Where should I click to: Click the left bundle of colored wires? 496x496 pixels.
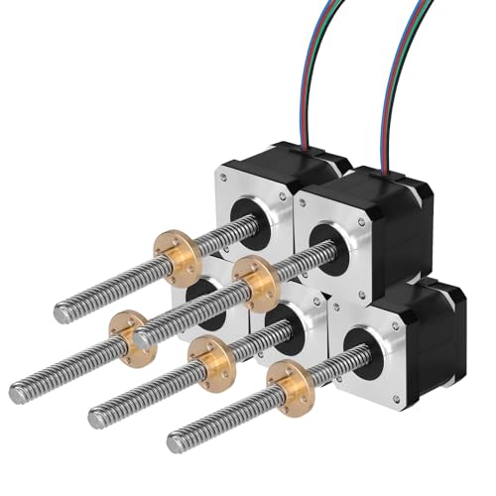315,69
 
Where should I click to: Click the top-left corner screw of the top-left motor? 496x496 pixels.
224,177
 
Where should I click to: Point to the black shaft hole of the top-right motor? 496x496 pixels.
328,243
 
